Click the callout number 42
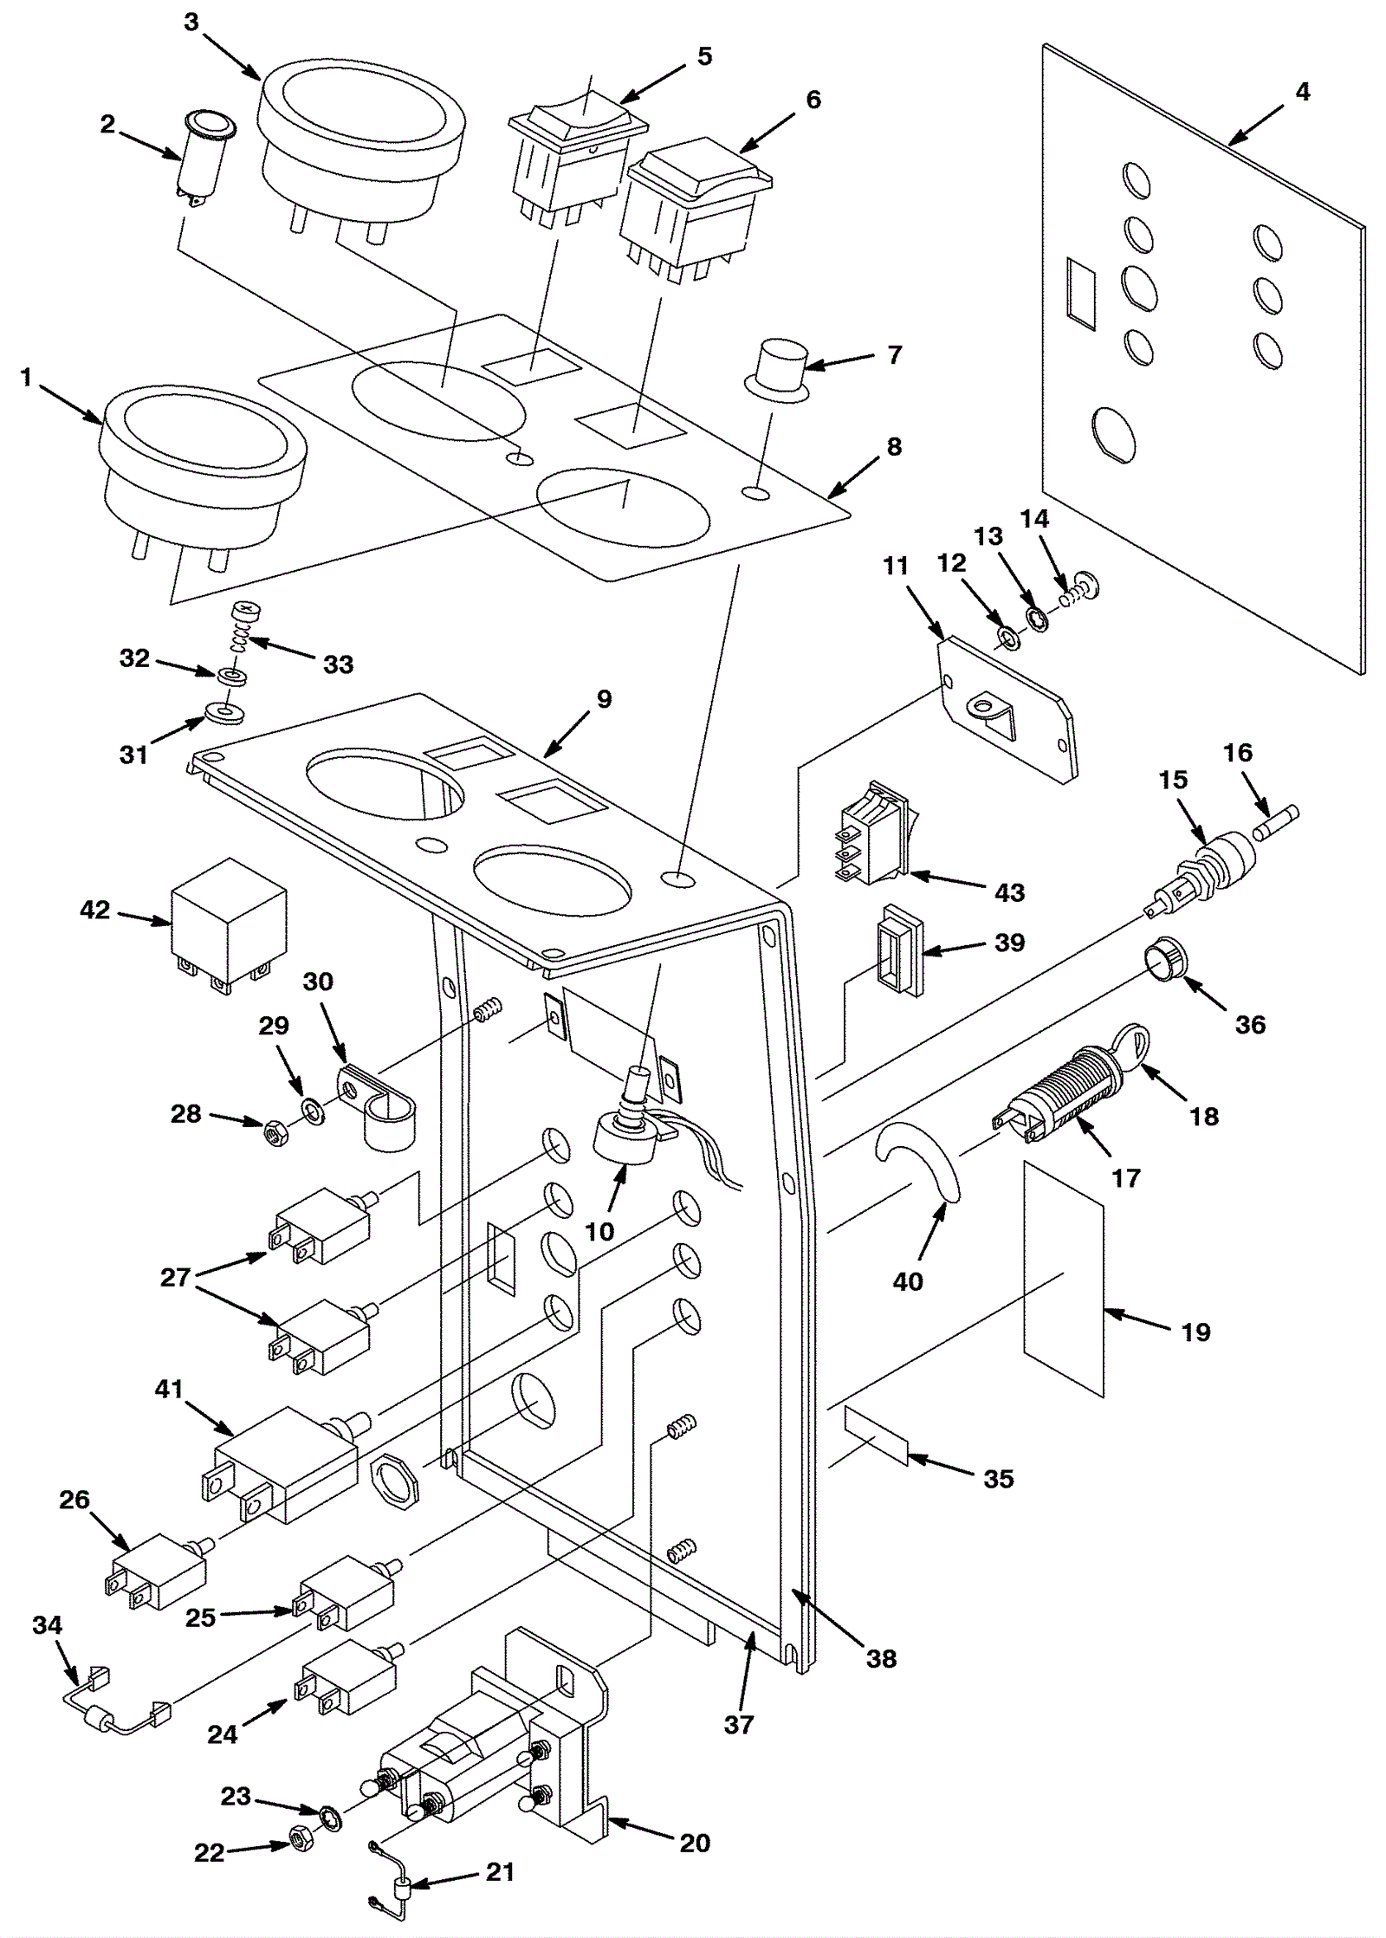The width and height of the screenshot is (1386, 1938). tap(95, 911)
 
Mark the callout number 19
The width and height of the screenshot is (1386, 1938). tap(1195, 1332)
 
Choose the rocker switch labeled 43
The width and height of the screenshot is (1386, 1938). tap(873, 833)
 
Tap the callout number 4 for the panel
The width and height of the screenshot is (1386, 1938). tap(1302, 92)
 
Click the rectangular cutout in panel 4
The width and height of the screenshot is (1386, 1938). tap(1082, 295)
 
